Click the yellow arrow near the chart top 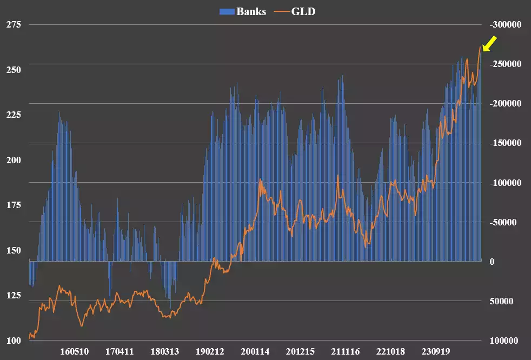point(490,44)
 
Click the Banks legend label point(251,11)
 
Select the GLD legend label point(303,11)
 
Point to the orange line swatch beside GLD point(280,12)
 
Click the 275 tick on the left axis point(14,25)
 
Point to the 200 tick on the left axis point(14,161)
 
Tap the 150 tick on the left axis point(14,251)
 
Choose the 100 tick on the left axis point(14,341)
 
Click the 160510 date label point(74,351)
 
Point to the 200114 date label point(255,351)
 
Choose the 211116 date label point(345,351)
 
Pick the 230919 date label point(435,351)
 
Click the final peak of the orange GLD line point(480,46)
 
